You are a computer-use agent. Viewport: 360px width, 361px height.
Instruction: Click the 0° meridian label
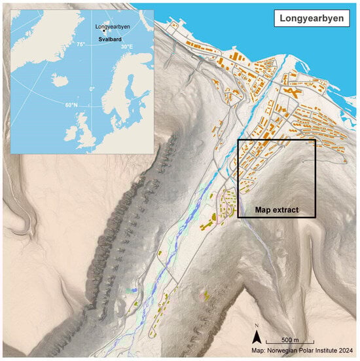[x=92, y=88]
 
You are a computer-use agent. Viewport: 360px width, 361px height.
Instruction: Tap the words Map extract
[x=277, y=210]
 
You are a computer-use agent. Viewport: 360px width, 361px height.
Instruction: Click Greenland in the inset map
[x=39, y=33]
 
